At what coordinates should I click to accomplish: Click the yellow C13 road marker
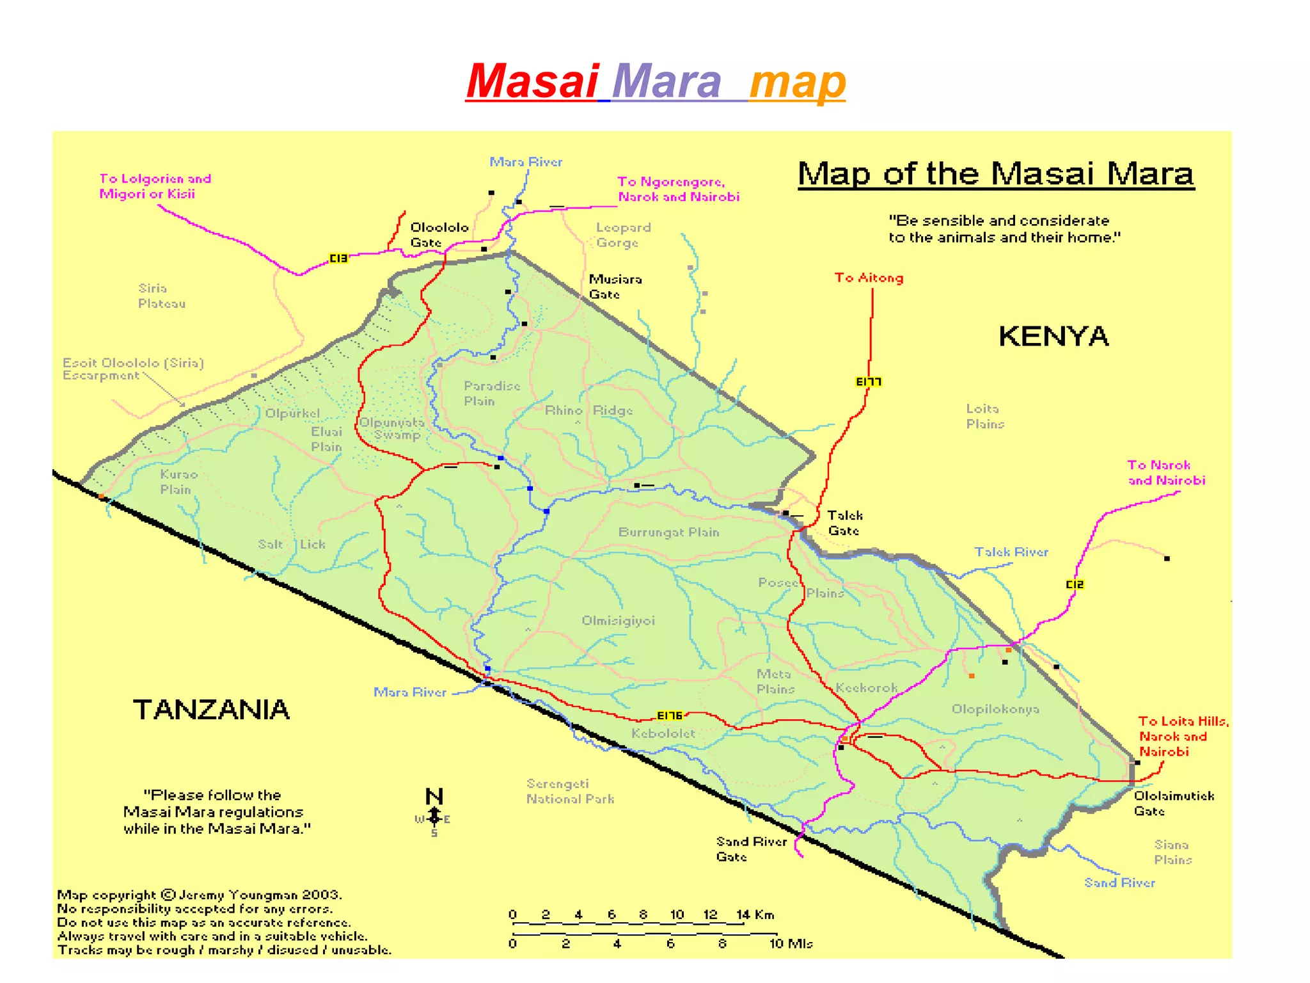[338, 258]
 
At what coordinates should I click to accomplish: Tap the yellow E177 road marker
[868, 382]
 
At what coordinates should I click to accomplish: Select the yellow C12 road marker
[1075, 584]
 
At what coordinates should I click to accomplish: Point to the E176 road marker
[670, 715]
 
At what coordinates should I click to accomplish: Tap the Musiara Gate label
[615, 287]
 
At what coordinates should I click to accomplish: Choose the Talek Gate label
[844, 523]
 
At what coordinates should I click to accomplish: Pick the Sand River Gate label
[751, 849]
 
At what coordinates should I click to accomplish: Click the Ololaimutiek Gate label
[1173, 803]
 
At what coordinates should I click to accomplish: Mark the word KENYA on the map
[1053, 336]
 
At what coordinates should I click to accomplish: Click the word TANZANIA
[211, 709]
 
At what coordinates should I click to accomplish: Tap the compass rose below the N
[434, 819]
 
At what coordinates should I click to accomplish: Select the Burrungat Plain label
[668, 532]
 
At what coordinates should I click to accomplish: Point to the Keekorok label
[866, 687]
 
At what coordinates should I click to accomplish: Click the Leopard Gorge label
[623, 235]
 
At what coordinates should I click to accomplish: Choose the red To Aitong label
[869, 278]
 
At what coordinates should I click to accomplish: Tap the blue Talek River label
[1011, 552]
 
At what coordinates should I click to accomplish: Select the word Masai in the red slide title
[532, 81]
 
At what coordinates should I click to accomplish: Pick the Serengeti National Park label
[570, 791]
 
